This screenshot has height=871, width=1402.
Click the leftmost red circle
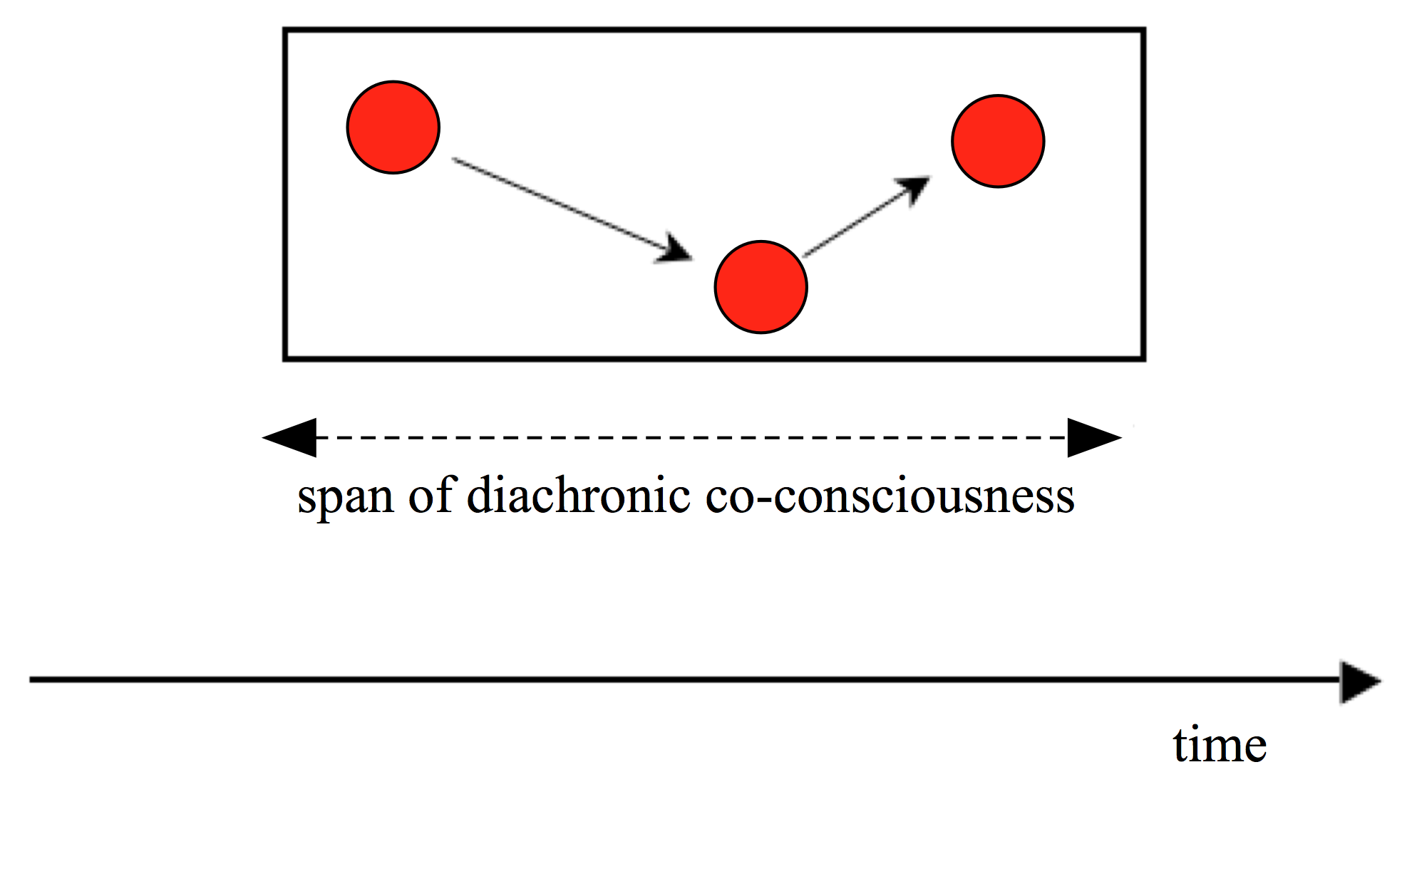point(393,127)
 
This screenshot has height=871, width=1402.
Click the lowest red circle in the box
point(761,287)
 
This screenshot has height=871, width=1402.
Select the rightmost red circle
point(998,141)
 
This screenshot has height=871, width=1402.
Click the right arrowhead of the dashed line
point(1093,437)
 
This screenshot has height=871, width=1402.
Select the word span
point(346,496)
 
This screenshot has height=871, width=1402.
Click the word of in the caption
point(431,494)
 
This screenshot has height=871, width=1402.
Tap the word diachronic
point(578,494)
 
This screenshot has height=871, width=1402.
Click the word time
point(1220,745)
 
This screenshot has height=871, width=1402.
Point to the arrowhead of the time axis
point(1359,682)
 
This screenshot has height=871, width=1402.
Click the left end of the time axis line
point(33,680)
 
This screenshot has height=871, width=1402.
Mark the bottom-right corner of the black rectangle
point(1143,358)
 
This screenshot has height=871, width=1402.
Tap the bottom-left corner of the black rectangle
point(285,358)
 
